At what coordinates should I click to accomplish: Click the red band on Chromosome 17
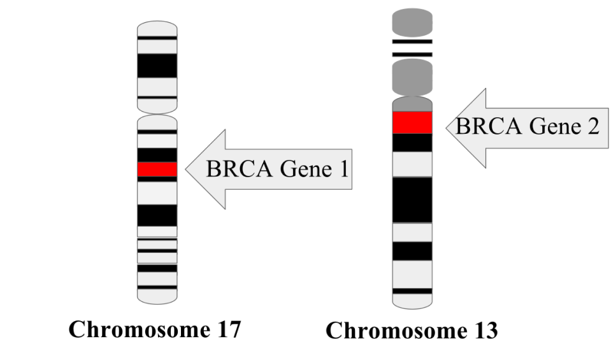point(157,169)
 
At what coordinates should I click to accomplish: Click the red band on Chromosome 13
point(412,122)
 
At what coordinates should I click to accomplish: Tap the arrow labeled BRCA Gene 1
point(268,169)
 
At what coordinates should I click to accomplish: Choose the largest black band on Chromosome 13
point(412,199)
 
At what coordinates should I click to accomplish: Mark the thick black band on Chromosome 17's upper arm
point(157,66)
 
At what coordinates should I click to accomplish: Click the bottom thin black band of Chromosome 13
point(412,291)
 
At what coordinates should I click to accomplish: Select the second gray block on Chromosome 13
point(412,75)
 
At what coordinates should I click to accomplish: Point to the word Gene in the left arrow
point(298,170)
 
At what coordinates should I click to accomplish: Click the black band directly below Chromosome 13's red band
point(412,143)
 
